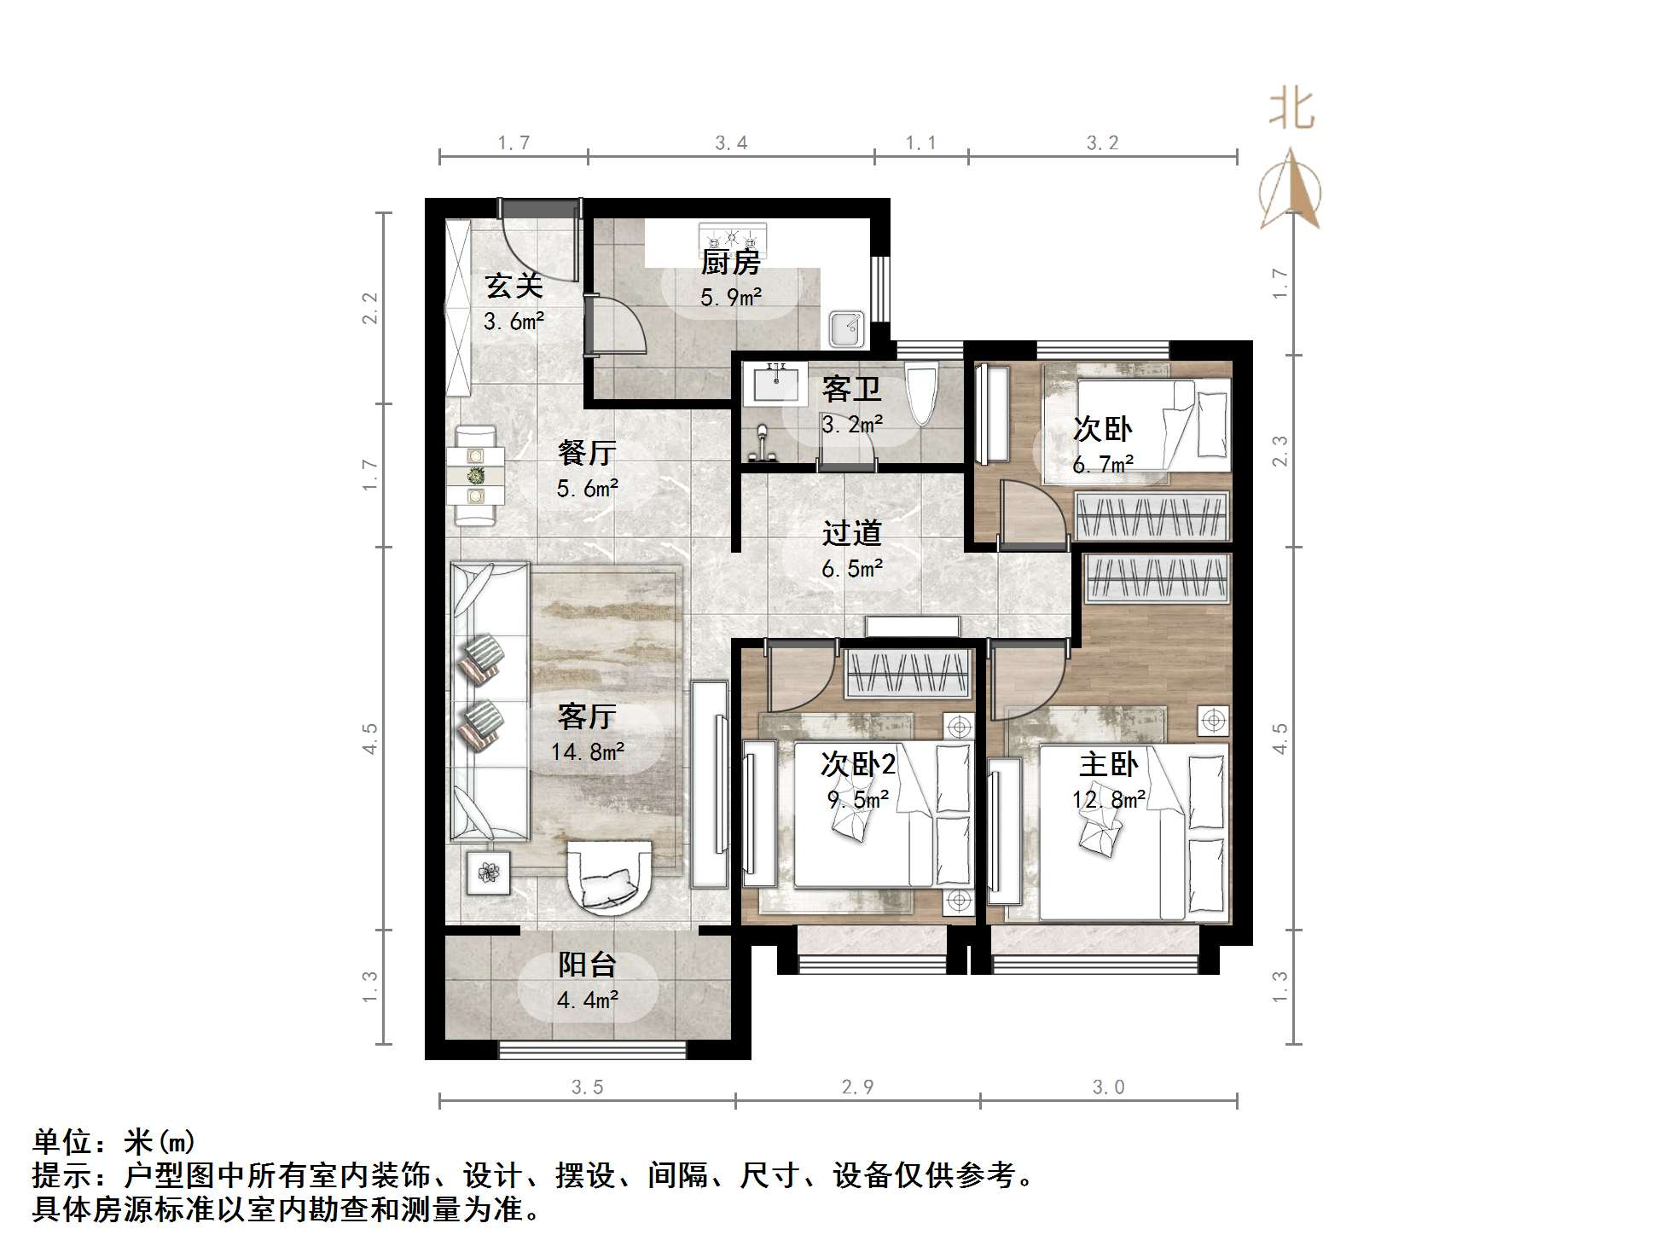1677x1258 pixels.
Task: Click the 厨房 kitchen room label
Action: tap(729, 263)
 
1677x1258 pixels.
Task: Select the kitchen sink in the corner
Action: tap(845, 328)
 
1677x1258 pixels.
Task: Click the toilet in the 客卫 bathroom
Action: tap(921, 392)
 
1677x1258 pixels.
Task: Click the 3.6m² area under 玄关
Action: tap(514, 322)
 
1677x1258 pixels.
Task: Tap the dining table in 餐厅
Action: tap(476, 476)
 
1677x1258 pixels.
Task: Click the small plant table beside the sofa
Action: tap(489, 872)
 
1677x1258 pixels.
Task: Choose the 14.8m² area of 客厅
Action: tap(587, 752)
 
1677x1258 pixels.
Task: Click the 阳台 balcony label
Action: tap(587, 965)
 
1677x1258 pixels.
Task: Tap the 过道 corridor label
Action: tap(850, 533)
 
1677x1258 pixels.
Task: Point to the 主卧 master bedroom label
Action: tap(1108, 763)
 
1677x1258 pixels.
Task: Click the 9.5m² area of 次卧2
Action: tap(857, 800)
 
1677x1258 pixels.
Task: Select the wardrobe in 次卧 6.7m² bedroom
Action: tap(1152, 516)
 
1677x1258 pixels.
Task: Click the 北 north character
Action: tap(1291, 110)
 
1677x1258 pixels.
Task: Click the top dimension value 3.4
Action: tap(731, 143)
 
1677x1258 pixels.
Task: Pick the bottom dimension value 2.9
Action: tap(857, 1087)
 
